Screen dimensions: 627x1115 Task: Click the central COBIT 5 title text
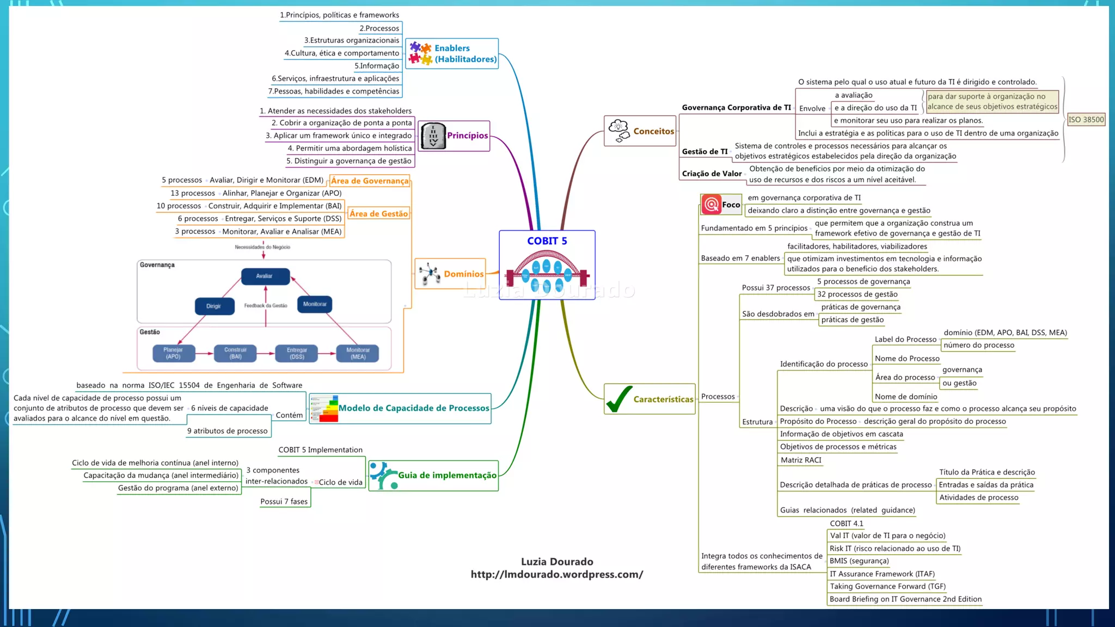point(547,241)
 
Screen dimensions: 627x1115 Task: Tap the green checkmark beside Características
point(619,399)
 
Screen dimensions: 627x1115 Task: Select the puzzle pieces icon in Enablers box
point(420,53)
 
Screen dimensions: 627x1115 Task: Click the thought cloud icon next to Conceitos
point(619,131)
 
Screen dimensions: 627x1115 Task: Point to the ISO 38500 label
point(1086,120)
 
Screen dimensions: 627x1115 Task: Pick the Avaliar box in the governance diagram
point(265,276)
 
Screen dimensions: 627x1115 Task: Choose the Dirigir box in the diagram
point(214,306)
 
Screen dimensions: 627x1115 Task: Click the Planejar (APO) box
point(173,353)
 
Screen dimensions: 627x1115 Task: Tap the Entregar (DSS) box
point(297,353)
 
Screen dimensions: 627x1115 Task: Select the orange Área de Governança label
point(370,181)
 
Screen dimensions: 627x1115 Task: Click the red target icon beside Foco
point(711,205)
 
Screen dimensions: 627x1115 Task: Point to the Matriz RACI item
point(801,460)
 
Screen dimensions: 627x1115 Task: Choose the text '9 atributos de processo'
point(228,431)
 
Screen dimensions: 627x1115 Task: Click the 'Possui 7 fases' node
point(284,502)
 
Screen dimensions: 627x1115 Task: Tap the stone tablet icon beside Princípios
point(433,136)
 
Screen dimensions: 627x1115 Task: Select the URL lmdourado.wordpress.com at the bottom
point(556,575)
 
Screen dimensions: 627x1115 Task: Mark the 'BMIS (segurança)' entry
point(859,561)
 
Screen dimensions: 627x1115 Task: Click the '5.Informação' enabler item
point(377,66)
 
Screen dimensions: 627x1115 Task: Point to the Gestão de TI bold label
point(704,152)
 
